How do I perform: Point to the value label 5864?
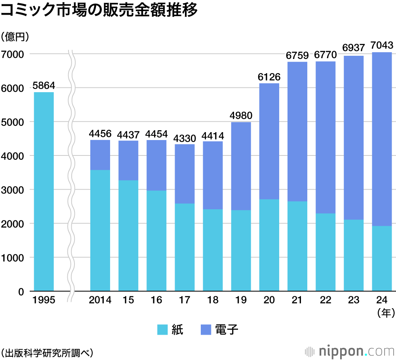[x=44, y=85]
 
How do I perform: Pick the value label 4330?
[x=185, y=138]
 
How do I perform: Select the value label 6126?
[x=269, y=77]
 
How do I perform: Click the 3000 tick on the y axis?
[x=13, y=190]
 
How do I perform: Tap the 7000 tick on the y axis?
[x=13, y=54]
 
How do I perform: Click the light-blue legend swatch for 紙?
[x=164, y=330]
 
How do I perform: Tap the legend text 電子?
[x=227, y=330]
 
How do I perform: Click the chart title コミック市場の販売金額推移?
[x=99, y=11]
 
